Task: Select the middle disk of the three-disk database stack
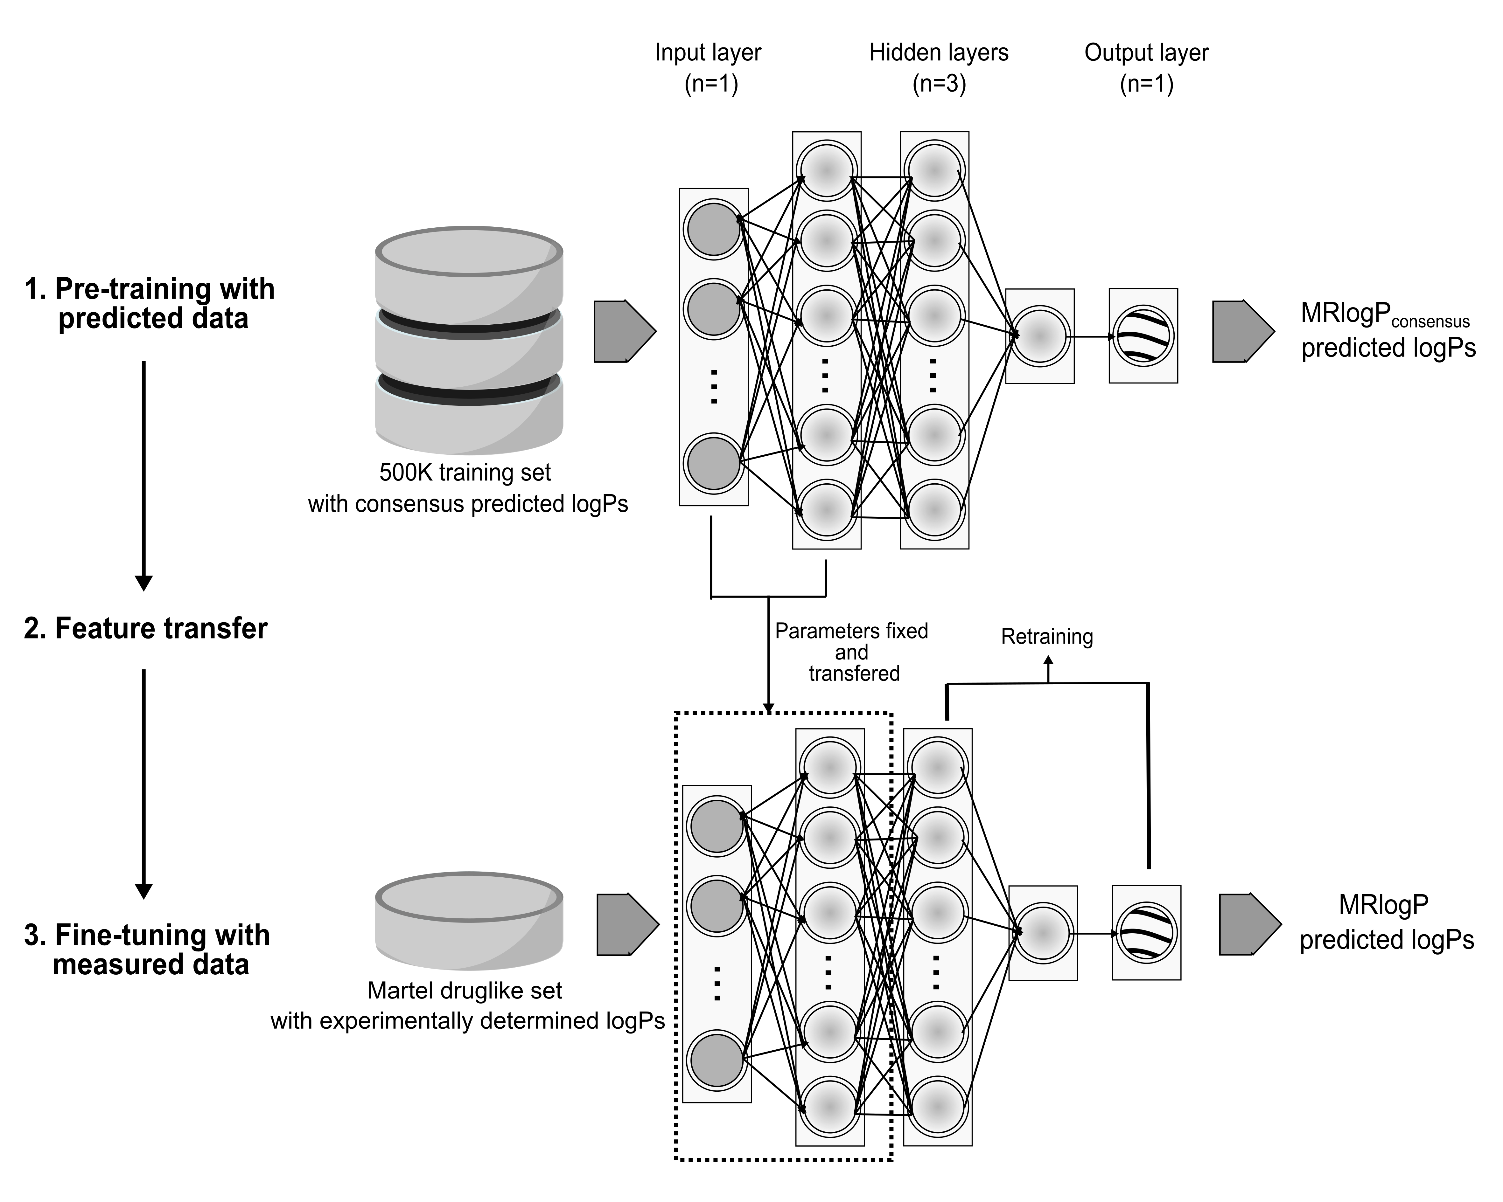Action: click(468, 349)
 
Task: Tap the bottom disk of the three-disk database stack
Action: click(468, 418)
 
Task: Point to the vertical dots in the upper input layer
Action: click(713, 387)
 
